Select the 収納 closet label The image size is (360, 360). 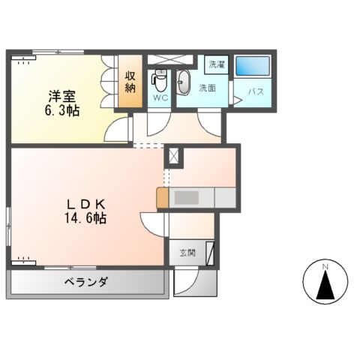130,82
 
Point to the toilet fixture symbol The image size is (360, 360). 159,79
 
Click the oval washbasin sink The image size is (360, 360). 184,82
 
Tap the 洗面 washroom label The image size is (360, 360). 208,88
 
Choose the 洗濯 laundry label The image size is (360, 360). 217,64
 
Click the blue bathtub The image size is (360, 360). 252,66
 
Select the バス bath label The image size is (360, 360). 255,92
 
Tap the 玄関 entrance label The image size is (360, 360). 187,253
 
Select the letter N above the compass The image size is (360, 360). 325,266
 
